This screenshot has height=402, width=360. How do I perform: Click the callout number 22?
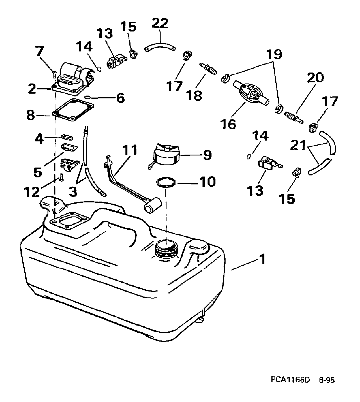point(160,23)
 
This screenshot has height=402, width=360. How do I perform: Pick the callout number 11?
point(130,150)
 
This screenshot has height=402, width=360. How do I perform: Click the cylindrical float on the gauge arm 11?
point(152,205)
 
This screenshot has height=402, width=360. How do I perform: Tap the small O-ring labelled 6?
point(87,97)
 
